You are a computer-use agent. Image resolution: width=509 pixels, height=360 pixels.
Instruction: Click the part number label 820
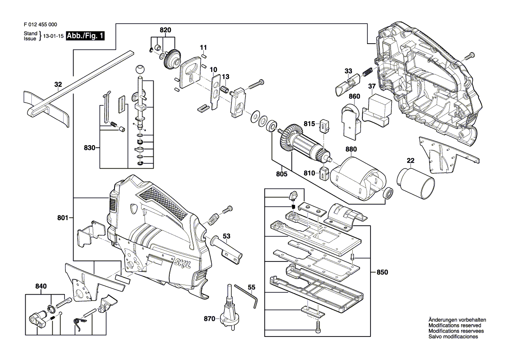(x=165, y=30)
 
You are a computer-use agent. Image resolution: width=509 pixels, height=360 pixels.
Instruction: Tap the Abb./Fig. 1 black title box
(x=85, y=36)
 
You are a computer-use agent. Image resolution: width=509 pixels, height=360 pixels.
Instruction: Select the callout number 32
(x=58, y=85)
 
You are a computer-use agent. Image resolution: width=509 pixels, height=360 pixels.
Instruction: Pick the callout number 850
(x=382, y=272)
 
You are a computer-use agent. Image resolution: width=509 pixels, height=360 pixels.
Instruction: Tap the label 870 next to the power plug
(x=209, y=319)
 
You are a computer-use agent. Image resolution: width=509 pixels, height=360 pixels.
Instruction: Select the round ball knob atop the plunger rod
(x=139, y=70)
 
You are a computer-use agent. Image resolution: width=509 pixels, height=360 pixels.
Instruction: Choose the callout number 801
(x=63, y=217)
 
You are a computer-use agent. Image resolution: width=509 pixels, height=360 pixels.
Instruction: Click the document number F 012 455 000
(x=40, y=25)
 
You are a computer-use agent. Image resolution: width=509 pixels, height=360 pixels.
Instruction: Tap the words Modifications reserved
(x=455, y=326)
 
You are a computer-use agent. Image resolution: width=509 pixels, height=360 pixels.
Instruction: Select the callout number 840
(x=41, y=286)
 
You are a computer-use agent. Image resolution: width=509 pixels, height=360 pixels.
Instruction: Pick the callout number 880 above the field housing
(x=351, y=149)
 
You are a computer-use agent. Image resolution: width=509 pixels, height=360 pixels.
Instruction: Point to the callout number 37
(x=372, y=86)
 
